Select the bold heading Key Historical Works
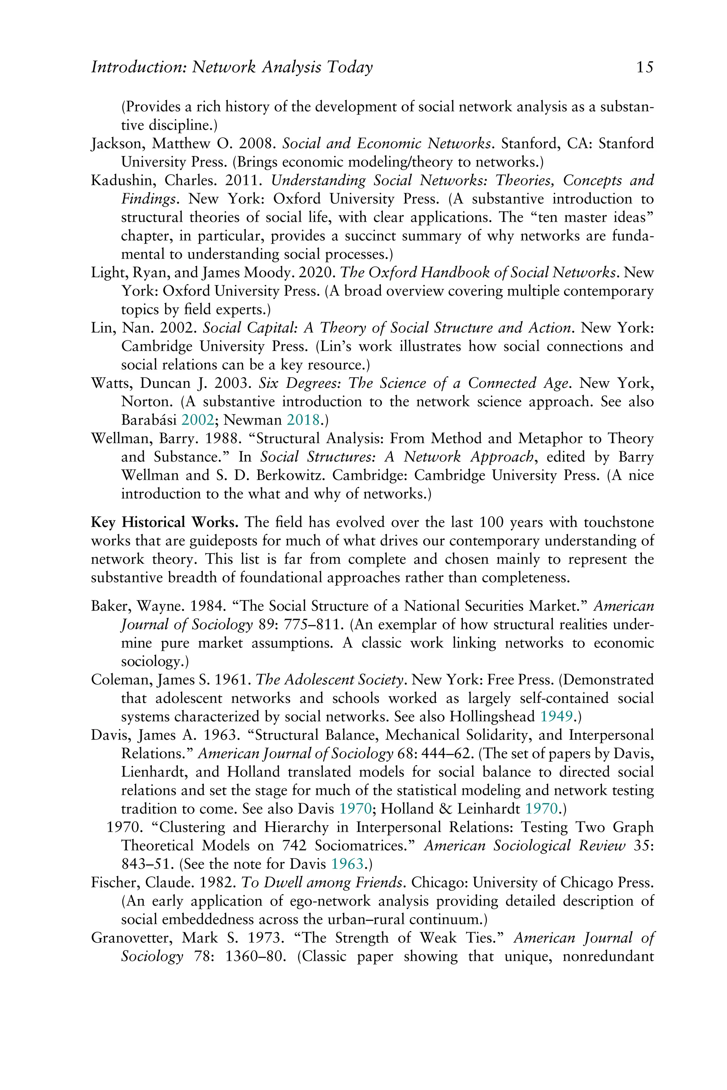coord(165,522)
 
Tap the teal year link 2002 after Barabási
coord(197,420)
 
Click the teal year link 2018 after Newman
coord(303,420)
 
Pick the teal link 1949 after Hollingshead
coord(556,716)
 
